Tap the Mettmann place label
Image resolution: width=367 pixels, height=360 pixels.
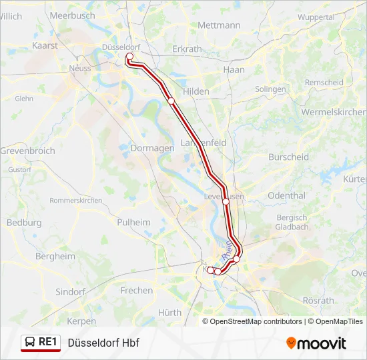(219, 25)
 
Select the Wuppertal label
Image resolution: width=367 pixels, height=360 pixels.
(316, 17)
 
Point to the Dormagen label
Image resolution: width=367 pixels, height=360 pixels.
(153, 148)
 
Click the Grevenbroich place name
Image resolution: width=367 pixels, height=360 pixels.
(27, 151)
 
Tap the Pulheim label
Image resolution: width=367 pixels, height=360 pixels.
(134, 222)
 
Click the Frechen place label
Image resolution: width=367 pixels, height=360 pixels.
(137, 291)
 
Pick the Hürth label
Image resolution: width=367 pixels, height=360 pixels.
(170, 312)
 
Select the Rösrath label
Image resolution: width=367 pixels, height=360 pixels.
(318, 301)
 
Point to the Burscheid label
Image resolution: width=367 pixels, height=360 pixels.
(288, 157)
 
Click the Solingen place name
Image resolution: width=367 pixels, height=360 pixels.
(270, 89)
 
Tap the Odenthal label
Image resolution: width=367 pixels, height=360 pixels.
(286, 196)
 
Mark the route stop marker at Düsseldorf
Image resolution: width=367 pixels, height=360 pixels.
(129, 57)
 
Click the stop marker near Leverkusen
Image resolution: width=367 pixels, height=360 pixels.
(226, 201)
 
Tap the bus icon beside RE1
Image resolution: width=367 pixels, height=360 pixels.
(30, 342)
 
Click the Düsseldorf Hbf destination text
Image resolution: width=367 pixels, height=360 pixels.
(103, 343)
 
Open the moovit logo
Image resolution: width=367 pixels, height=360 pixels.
(316, 343)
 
